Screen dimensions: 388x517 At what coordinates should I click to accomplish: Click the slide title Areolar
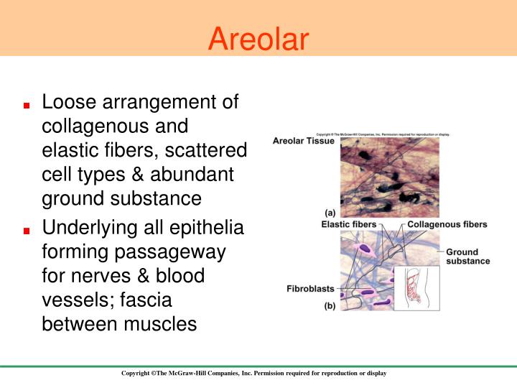[258, 39]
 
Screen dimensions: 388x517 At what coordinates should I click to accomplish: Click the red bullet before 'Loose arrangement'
[26, 105]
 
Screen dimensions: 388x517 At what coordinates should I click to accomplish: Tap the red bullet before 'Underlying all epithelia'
[26, 231]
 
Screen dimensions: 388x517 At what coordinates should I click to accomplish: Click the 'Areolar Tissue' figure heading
[303, 142]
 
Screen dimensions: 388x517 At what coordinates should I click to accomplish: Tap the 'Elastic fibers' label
[348, 225]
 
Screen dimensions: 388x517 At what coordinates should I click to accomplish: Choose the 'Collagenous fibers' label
[447, 225]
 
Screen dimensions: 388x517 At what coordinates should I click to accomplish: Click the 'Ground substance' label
[467, 257]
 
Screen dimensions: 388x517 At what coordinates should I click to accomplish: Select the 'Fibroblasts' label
[310, 290]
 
